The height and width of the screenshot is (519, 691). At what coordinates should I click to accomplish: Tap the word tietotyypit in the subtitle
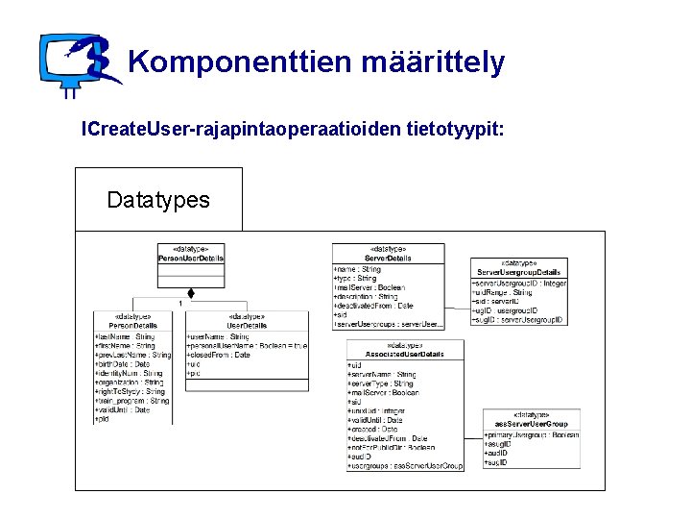coord(455,128)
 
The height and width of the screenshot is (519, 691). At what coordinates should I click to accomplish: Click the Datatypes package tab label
coord(158,200)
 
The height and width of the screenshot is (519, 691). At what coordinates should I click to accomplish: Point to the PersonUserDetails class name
coord(191,259)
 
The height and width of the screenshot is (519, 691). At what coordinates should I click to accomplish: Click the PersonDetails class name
coord(133,326)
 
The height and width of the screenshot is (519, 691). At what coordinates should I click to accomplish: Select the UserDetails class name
coord(247,326)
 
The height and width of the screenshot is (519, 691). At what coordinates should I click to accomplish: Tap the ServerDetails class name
coord(389,259)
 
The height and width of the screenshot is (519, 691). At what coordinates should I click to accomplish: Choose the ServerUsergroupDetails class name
coord(519,273)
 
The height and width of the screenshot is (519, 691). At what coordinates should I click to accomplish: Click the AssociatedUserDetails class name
coord(404,355)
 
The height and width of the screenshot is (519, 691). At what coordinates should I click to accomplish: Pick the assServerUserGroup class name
coord(532,423)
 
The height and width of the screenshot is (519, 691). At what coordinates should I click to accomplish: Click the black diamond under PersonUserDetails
coord(191,292)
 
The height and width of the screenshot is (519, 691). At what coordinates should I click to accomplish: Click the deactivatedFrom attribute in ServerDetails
coord(373,306)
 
